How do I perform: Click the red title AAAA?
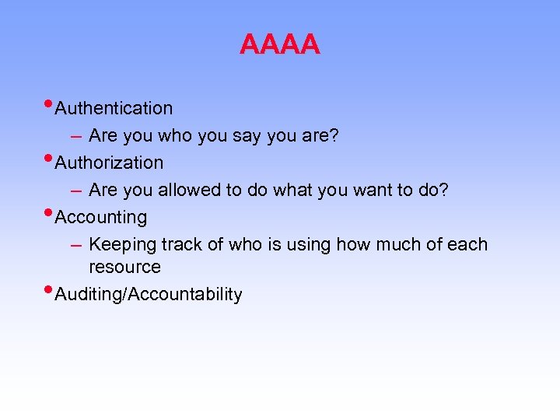279,44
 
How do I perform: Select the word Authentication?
114,108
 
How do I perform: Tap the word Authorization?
110,163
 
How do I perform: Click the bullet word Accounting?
101,217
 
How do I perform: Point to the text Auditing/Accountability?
149,295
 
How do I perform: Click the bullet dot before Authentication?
50,104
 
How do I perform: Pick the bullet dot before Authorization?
50,159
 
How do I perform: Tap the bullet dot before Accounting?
50,213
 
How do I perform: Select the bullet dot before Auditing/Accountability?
50,291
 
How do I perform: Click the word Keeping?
122,245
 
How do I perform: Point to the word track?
182,244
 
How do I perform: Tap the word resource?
124,268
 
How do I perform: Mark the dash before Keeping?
75,245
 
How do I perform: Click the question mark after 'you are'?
334,135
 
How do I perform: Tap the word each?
467,244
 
